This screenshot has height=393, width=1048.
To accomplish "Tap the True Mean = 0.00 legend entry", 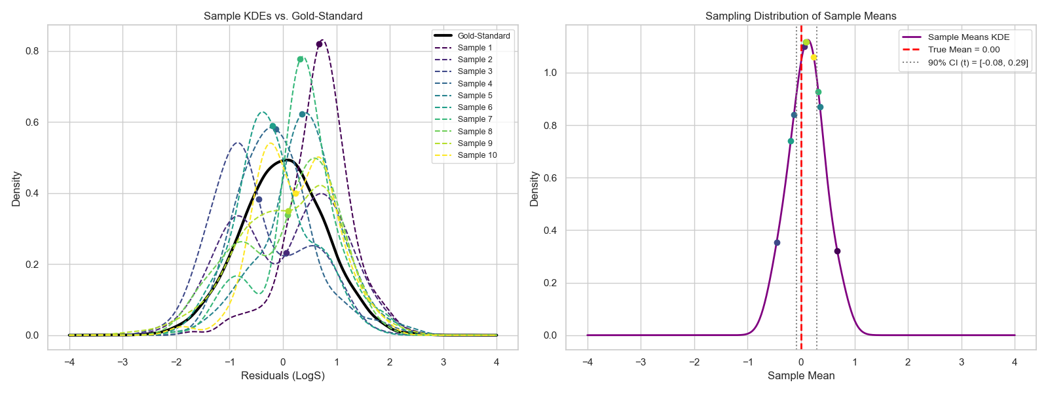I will pyautogui.click(x=964, y=50).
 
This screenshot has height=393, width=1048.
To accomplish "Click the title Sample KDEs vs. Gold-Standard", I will pyautogui.click(x=283, y=16).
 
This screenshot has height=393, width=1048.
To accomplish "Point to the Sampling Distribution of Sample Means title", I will pyautogui.click(x=800, y=16).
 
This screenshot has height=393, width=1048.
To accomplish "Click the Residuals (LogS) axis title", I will pyautogui.click(x=283, y=376).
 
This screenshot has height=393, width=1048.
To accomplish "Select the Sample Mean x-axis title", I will pyautogui.click(x=801, y=376).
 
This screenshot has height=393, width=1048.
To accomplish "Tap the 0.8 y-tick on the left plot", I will pyautogui.click(x=32, y=51).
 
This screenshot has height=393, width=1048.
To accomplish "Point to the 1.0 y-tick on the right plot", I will pyautogui.click(x=550, y=73).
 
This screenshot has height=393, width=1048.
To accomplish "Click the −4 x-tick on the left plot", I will pyautogui.click(x=69, y=362).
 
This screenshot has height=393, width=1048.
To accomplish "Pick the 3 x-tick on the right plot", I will pyautogui.click(x=962, y=362).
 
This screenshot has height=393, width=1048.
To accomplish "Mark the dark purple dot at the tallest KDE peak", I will pyautogui.click(x=319, y=45).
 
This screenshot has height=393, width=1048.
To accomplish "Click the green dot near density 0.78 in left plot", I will pyautogui.click(x=300, y=59).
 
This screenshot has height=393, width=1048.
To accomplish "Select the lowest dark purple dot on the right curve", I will pyautogui.click(x=837, y=252).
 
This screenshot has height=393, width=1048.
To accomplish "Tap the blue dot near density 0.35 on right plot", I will pyautogui.click(x=777, y=243).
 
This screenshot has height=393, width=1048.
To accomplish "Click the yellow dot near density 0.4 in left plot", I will pyautogui.click(x=295, y=193).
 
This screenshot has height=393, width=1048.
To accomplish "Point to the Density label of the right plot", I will pyautogui.click(x=534, y=189).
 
